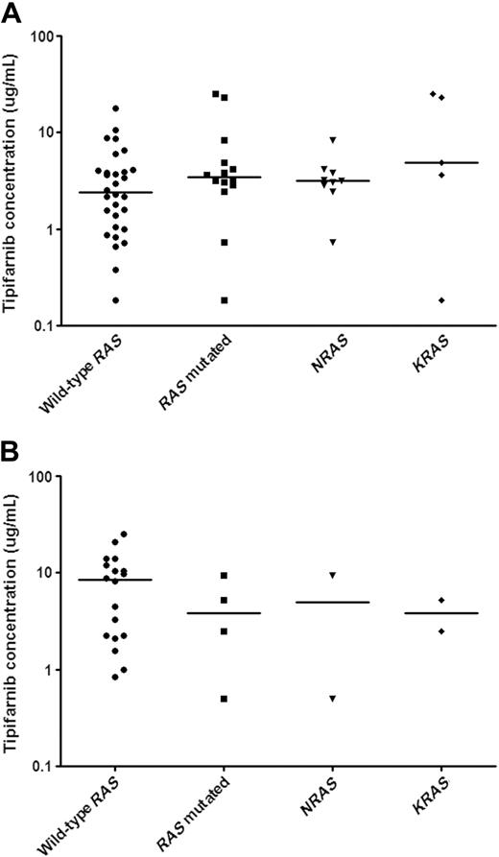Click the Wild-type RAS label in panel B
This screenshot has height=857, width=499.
coord(92,816)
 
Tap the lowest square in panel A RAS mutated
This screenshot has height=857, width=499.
coord(225,300)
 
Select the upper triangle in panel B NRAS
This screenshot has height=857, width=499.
coord(334,575)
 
